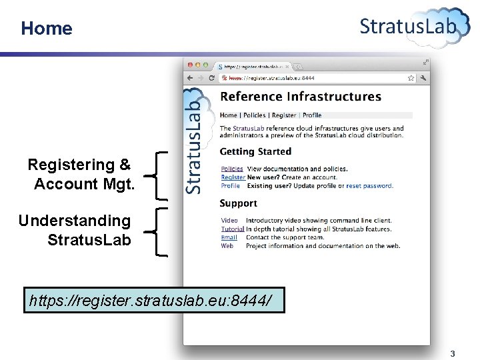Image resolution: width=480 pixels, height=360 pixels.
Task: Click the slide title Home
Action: point(46,28)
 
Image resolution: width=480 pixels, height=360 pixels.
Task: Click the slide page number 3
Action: point(453,353)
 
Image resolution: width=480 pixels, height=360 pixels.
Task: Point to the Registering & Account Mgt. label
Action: point(81,174)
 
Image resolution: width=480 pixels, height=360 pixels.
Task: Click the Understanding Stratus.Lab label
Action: point(75,229)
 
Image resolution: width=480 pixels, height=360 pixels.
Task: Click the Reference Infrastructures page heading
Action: point(301,97)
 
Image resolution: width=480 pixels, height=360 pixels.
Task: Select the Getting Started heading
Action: point(255,152)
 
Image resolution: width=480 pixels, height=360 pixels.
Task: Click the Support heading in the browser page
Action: point(238,203)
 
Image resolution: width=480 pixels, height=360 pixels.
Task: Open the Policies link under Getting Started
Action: point(232,169)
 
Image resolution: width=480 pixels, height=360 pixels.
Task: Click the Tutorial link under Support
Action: point(233,229)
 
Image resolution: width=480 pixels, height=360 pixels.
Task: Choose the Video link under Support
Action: point(229,221)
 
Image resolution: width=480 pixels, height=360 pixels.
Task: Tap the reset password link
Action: point(369,186)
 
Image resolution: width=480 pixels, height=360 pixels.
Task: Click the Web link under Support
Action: point(227,246)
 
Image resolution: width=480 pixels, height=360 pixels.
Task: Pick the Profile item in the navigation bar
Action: point(312,115)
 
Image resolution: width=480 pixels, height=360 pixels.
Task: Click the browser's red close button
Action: point(190,65)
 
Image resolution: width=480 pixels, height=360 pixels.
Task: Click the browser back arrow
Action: point(190,77)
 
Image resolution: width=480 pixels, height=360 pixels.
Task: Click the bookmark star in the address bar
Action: point(411,77)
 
